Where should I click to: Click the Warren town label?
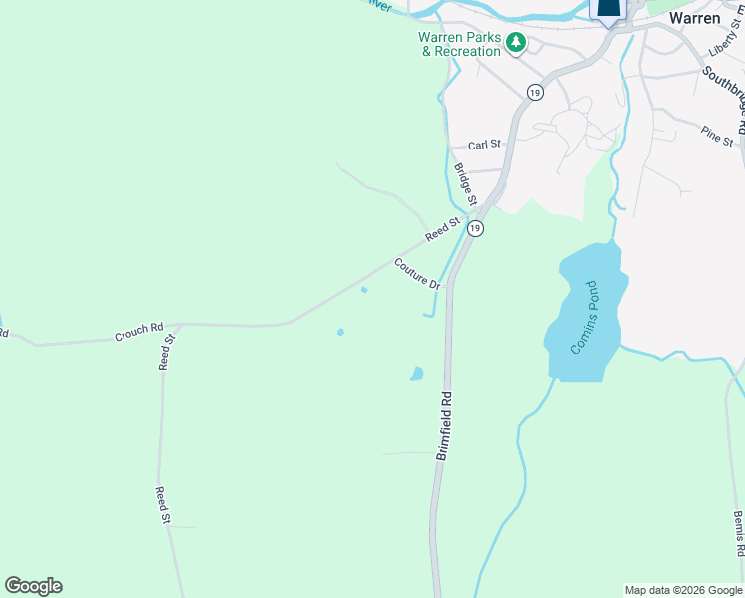(x=694, y=18)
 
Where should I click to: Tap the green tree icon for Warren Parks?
(x=516, y=42)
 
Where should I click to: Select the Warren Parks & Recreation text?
(x=460, y=44)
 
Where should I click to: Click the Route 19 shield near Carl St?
(x=535, y=92)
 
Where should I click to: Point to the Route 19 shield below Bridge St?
(x=476, y=228)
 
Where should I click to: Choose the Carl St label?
(x=484, y=145)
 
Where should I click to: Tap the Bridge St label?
(x=466, y=183)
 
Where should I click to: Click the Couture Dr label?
(x=417, y=273)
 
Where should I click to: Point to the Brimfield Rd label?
(x=445, y=424)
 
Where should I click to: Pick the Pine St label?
(x=716, y=135)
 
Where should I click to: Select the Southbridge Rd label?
(x=724, y=96)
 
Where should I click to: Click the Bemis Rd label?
(x=738, y=533)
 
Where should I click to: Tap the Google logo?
(x=33, y=586)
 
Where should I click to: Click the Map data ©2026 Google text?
(x=682, y=590)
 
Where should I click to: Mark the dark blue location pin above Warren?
(x=609, y=9)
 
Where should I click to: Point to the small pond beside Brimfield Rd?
(x=416, y=374)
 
